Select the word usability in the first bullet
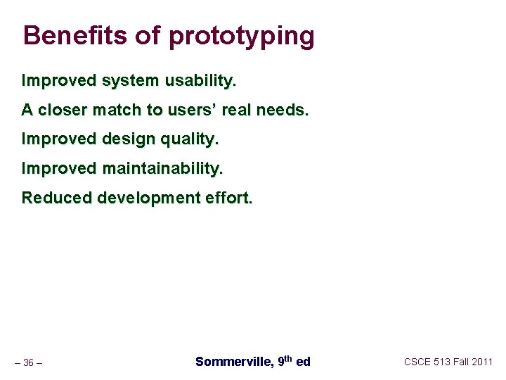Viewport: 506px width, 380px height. (x=200, y=81)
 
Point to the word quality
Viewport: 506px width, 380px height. (x=191, y=140)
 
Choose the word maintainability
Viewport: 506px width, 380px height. (x=162, y=169)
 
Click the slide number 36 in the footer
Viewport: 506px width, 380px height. (x=28, y=363)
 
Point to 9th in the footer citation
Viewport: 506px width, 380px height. (x=285, y=361)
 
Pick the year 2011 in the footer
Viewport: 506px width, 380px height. (x=482, y=362)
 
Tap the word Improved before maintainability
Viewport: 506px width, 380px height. (x=59, y=169)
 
